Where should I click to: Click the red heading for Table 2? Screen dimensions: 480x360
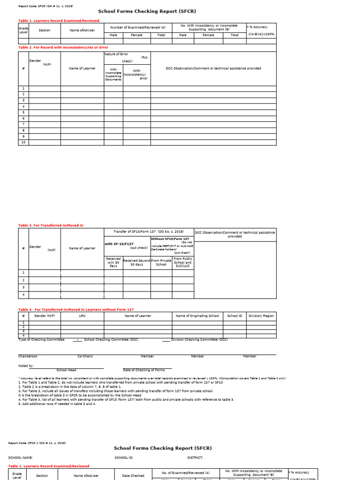tap(63, 47)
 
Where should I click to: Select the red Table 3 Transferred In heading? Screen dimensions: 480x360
tap(51, 225)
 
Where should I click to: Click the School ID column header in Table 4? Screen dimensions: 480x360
tap(234, 316)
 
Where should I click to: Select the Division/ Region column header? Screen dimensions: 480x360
tap(261, 316)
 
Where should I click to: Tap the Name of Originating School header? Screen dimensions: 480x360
tap(197, 316)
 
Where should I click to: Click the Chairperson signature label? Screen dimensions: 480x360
tap(28, 356)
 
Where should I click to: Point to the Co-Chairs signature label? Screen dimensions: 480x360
tap(85, 356)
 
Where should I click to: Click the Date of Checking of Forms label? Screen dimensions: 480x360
tap(144, 370)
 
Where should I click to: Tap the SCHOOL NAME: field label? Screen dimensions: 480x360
tap(21, 457)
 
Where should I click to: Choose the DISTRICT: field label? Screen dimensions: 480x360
tap(195, 457)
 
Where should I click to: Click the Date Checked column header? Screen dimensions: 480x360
tap(133, 475)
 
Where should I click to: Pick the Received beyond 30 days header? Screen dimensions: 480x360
tap(136, 262)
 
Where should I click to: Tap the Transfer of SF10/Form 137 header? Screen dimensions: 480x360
tap(149, 232)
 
